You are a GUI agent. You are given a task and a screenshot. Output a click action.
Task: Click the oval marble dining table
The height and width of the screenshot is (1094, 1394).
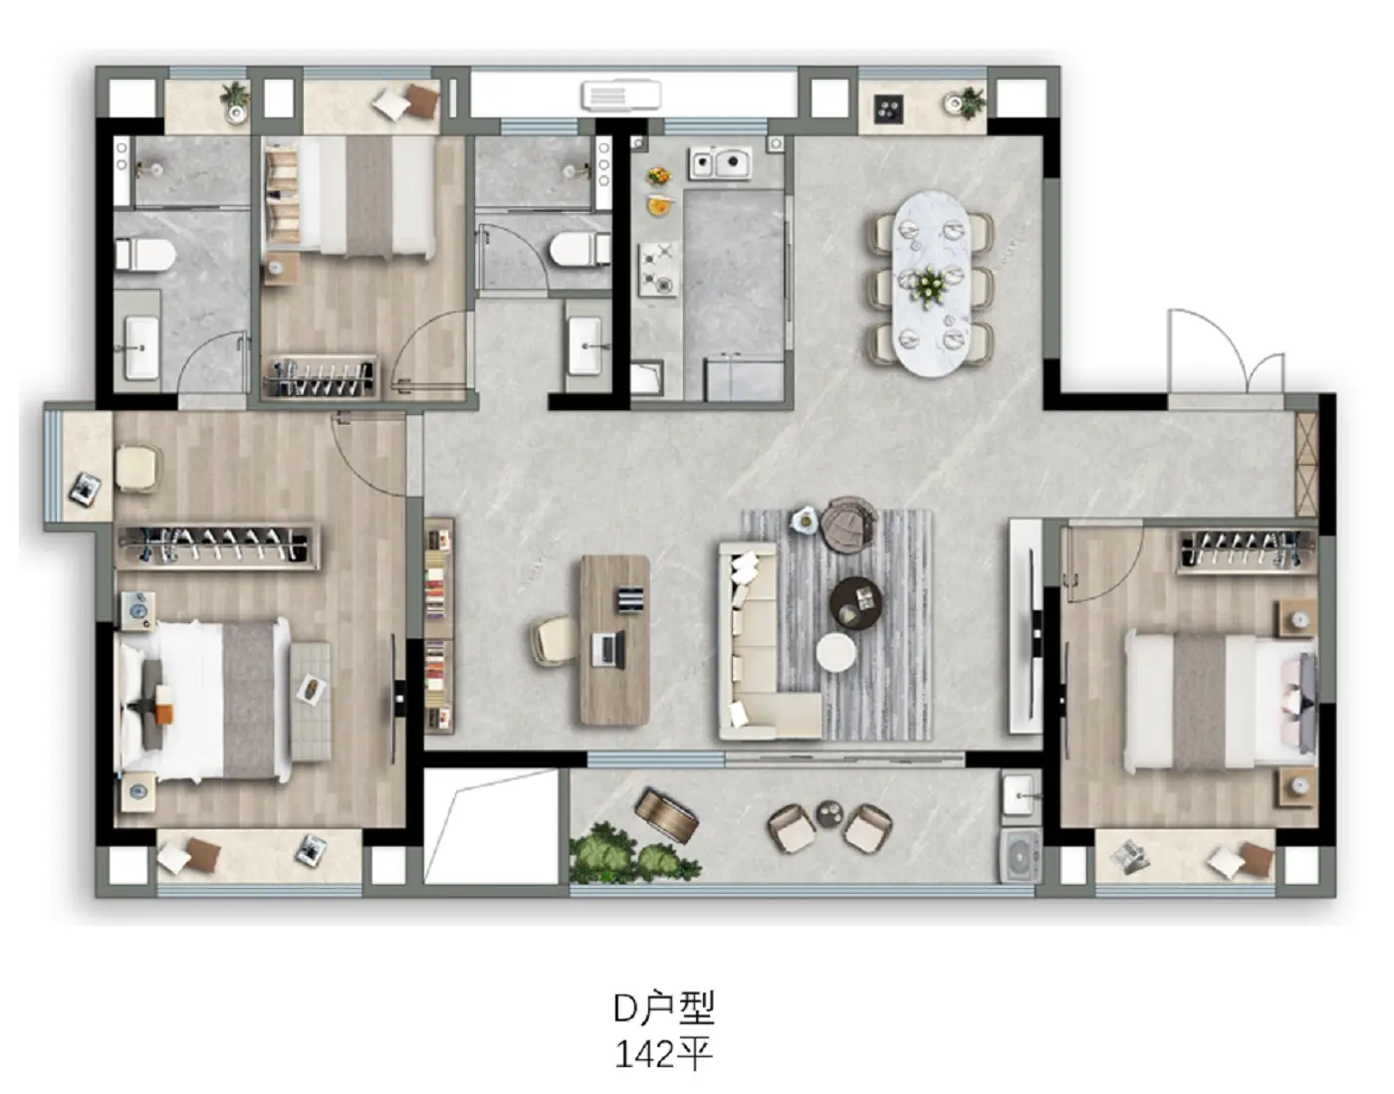point(932,283)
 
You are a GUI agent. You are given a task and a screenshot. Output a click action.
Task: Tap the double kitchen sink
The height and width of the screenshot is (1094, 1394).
point(721,163)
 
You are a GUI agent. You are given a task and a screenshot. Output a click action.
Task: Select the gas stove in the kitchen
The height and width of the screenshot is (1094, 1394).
point(658,269)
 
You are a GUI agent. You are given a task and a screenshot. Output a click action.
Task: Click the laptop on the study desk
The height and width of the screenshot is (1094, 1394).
point(608,648)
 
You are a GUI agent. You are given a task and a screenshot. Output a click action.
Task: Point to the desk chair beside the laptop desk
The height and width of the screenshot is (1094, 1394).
point(555,641)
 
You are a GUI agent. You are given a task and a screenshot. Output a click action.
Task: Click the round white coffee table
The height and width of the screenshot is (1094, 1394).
point(835,652)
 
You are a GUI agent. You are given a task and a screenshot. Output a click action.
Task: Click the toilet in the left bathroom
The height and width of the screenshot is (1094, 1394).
point(145,254)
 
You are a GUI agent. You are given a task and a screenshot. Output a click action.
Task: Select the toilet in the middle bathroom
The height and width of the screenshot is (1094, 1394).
point(580,249)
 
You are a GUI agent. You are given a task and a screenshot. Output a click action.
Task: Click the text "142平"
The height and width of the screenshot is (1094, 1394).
point(663,1054)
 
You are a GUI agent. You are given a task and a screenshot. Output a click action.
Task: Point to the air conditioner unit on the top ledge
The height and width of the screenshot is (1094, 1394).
point(620,96)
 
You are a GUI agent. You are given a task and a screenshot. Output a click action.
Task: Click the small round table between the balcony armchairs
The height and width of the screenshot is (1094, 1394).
point(829,813)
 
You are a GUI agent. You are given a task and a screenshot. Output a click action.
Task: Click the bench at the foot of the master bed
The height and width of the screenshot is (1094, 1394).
point(311,702)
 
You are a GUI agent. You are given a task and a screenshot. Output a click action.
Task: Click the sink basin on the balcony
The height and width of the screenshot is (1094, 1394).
point(1021,795)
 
